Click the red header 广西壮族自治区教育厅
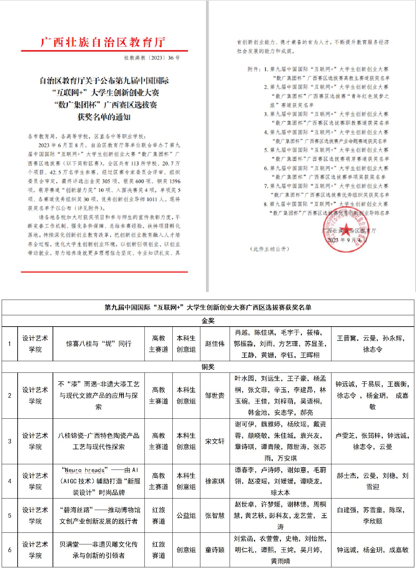point(103,42)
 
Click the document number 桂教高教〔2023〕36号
point(152,58)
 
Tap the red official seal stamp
point(346,229)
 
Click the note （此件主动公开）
point(270,249)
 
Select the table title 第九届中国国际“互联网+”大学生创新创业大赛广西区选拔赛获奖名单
point(208,308)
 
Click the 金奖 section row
point(208,321)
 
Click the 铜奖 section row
point(208,367)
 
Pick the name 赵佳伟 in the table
point(215,344)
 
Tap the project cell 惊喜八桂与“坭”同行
point(99,344)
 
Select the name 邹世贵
point(215,396)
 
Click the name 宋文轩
point(215,441)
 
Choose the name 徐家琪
point(215,481)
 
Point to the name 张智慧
point(215,515)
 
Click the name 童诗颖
point(215,550)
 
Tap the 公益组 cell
point(186,515)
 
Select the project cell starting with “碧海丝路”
point(99,515)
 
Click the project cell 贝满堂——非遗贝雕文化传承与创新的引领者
point(99,550)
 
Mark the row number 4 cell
point(10,481)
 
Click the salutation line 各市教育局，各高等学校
point(87,136)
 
